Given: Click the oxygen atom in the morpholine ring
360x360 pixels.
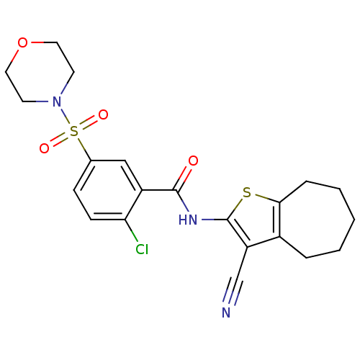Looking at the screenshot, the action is pyautogui.click(x=22, y=42).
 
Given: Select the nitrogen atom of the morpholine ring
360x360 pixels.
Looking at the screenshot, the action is pyautogui.click(x=57, y=102).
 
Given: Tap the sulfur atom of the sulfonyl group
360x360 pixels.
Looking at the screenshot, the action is pyautogui.click(x=74, y=131).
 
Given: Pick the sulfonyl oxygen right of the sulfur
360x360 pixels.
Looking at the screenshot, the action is pyautogui.click(x=103, y=114).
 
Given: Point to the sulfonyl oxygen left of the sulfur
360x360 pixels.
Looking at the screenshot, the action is pyautogui.click(x=45, y=148).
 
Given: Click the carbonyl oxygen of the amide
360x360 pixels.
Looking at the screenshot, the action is pyautogui.click(x=193, y=161).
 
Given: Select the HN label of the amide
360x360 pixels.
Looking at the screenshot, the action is pyautogui.click(x=188, y=220).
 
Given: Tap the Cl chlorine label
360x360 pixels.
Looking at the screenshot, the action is pyautogui.click(x=142, y=249).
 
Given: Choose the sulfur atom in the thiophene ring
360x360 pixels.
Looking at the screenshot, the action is pyautogui.click(x=247, y=192).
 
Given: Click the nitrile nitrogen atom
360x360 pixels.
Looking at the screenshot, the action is pyautogui.click(x=226, y=312).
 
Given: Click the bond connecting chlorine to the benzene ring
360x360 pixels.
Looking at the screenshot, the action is pyautogui.click(x=131, y=230).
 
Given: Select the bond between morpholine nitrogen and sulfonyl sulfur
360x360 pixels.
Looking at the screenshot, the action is pyautogui.click(x=64, y=115).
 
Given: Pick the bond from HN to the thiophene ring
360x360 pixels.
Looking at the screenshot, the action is pyautogui.click(x=215, y=220).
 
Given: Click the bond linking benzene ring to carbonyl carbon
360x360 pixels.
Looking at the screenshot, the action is pyautogui.click(x=159, y=190).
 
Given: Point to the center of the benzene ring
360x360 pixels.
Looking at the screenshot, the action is pyautogui.click(x=108, y=190).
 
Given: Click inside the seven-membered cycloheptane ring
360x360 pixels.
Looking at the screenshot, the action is pyautogui.click(x=319, y=220).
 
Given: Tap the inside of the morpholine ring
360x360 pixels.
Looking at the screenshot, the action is pyautogui.click(x=40, y=72).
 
